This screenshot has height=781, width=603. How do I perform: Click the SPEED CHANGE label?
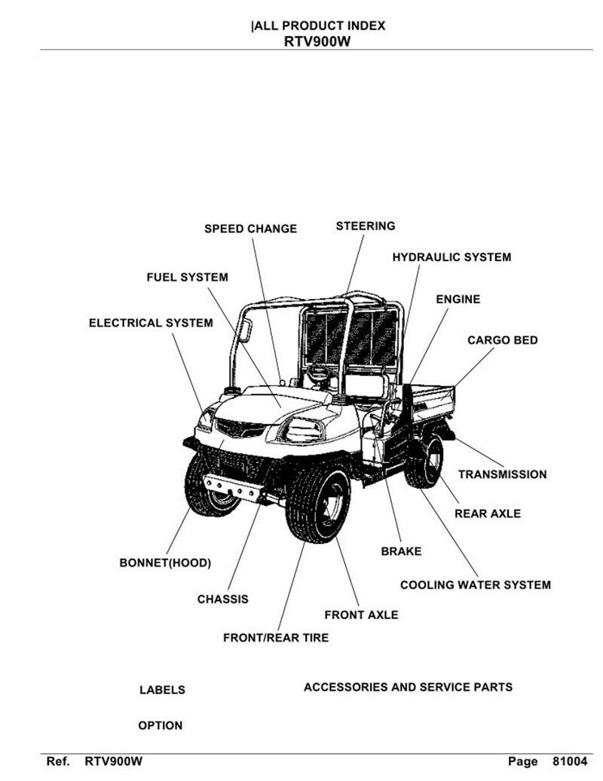(x=250, y=229)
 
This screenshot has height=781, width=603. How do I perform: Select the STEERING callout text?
(x=366, y=226)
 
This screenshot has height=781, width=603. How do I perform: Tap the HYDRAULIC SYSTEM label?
(x=451, y=257)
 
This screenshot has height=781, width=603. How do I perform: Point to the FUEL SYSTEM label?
(x=188, y=277)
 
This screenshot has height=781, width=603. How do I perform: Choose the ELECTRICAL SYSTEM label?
(x=151, y=323)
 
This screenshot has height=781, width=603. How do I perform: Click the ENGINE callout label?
(x=458, y=299)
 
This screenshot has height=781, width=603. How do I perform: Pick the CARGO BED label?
(x=502, y=340)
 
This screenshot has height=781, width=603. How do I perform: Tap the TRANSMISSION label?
(x=502, y=474)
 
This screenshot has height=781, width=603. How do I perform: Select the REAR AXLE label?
(x=488, y=514)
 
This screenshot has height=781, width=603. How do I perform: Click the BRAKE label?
(x=401, y=551)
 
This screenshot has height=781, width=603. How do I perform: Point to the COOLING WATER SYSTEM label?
(x=476, y=584)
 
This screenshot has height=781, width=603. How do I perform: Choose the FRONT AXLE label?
(x=361, y=615)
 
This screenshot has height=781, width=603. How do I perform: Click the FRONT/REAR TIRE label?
(x=276, y=638)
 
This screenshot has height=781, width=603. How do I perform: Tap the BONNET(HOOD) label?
(x=165, y=563)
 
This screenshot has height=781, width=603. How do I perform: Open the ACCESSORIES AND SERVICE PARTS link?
(x=408, y=688)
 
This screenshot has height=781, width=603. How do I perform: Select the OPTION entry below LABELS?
(x=160, y=725)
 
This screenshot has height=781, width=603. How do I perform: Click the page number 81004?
(x=570, y=761)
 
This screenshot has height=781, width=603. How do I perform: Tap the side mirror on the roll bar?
(x=245, y=330)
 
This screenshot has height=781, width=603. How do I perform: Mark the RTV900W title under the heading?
(x=317, y=41)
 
